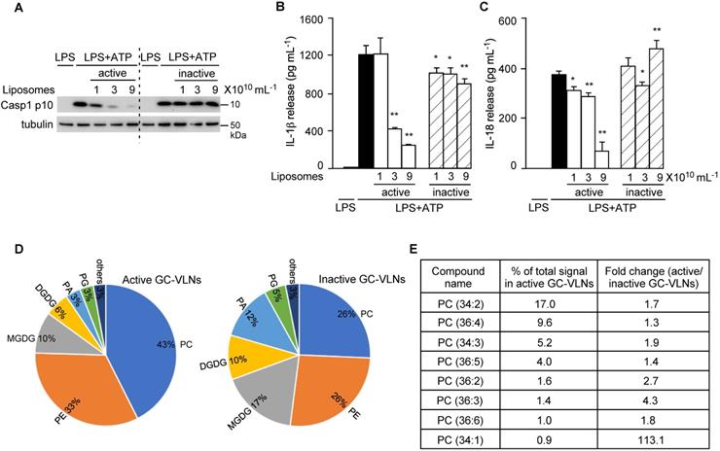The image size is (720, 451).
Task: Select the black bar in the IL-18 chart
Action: coord(559,121)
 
